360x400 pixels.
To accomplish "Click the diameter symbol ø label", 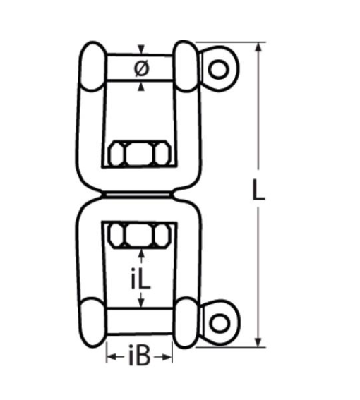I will click(140, 68).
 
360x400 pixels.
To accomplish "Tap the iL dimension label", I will click(142, 278).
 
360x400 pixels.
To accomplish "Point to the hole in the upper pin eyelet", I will click(219, 68).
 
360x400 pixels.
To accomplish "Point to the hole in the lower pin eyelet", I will click(220, 322).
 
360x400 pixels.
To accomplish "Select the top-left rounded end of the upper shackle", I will click(92, 66).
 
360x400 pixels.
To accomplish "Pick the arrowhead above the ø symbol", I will click(142, 50).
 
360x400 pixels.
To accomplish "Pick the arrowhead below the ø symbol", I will click(142, 86).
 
